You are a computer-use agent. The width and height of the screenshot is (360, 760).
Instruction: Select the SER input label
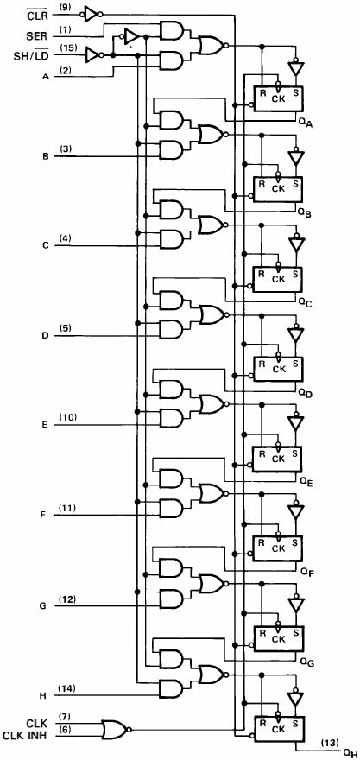click(x=38, y=36)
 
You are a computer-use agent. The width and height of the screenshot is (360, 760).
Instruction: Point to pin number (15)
click(x=67, y=48)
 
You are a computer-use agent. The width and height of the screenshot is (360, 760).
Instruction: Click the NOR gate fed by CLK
click(x=114, y=729)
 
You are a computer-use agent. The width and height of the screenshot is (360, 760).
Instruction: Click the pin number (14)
click(x=66, y=689)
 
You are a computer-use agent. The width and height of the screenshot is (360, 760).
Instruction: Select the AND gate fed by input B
click(x=172, y=149)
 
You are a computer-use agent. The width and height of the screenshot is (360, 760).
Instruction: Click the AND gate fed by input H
click(x=172, y=688)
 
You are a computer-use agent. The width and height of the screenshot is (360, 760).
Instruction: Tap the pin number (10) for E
click(x=67, y=418)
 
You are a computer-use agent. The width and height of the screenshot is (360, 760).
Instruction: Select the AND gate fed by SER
click(x=172, y=30)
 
